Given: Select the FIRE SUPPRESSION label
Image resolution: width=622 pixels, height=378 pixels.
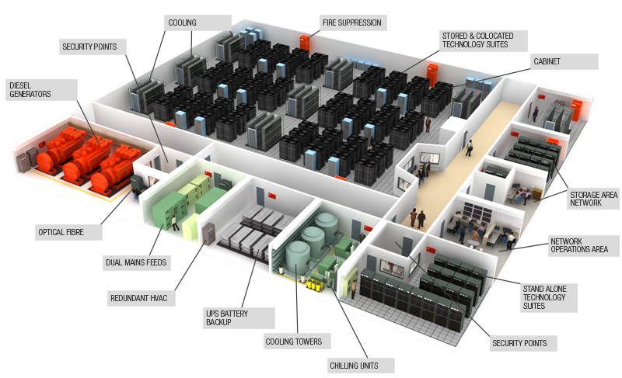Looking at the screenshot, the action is tap(353, 23).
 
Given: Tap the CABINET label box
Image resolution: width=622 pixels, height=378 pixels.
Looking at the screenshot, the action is tap(564, 61).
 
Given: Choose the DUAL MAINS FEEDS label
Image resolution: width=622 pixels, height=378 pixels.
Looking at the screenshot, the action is tap(136, 262).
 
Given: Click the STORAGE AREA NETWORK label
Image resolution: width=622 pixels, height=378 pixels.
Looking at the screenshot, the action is tap(593, 198).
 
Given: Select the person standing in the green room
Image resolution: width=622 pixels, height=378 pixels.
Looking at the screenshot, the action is tap(174, 224).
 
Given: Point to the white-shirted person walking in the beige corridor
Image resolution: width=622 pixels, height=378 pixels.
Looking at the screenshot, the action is tap(470, 148).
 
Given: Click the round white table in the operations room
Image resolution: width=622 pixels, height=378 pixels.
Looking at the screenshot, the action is tap(473, 243).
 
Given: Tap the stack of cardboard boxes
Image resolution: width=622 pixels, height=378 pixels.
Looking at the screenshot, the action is tap(536, 194).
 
